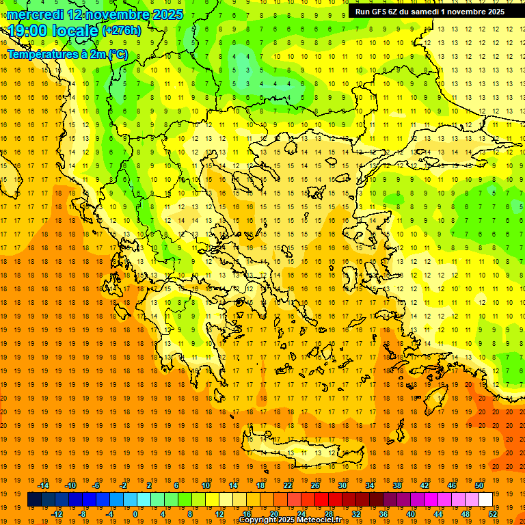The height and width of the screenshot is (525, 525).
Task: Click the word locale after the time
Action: pos(77,31)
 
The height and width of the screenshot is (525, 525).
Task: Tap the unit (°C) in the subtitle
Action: pos(116,54)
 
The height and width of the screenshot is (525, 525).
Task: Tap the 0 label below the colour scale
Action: pos(135,514)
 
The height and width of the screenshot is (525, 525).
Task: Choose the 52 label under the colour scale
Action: pos(494,514)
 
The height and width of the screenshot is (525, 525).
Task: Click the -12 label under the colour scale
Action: pos(57,514)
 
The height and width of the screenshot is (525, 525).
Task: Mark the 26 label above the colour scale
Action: pos(315,485)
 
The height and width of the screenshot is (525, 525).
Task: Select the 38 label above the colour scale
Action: pos(396,485)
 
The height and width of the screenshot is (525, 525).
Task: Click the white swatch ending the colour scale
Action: pos(485,499)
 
